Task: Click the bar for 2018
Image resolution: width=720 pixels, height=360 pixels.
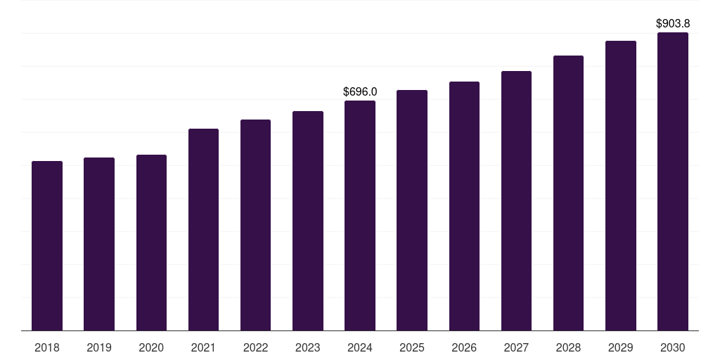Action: tap(47, 245)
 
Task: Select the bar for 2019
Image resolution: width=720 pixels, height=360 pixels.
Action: tap(99, 244)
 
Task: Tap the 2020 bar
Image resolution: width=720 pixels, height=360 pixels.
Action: tap(151, 243)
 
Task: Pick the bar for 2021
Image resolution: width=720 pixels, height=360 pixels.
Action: tap(203, 230)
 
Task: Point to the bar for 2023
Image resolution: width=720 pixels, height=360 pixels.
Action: tap(308, 221)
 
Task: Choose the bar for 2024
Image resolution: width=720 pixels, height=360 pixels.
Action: tap(360, 215)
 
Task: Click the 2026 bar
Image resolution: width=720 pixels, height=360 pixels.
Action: tap(464, 206)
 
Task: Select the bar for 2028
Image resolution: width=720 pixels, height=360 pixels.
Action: tap(568, 193)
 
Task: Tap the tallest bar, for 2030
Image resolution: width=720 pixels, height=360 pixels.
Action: tap(673, 181)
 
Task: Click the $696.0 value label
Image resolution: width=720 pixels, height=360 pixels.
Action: tap(360, 92)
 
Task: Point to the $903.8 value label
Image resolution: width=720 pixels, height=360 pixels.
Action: tap(673, 23)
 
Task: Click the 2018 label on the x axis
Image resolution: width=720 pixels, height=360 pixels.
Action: tap(47, 347)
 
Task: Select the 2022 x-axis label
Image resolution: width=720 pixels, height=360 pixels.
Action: tap(255, 347)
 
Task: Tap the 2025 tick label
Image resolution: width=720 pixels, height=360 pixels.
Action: tap(412, 347)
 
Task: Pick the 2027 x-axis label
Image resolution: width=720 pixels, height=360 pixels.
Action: tap(516, 347)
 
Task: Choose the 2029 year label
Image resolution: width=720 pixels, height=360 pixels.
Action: tap(620, 347)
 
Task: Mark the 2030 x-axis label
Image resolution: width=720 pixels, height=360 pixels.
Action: tap(673, 347)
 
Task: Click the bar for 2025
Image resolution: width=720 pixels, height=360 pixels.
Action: tap(412, 210)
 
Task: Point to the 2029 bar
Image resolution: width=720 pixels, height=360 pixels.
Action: tap(620, 186)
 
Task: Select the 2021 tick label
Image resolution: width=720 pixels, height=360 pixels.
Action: tap(203, 347)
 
